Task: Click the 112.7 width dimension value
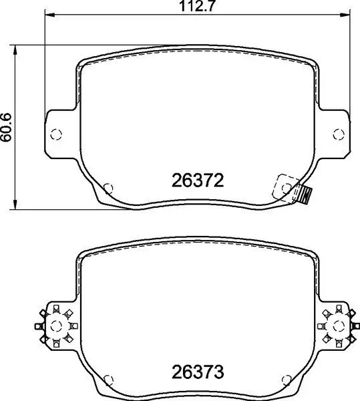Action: point(196,6)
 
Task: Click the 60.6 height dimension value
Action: point(6,127)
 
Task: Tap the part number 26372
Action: point(198,180)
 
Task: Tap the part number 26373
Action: point(198,372)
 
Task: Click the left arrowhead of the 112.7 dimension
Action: point(49,15)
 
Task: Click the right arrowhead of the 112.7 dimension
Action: point(345,15)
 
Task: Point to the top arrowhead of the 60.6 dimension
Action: point(15,50)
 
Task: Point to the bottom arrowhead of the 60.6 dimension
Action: point(15,205)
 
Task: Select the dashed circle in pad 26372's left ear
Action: point(56,134)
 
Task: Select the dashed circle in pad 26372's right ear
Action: point(339,134)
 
